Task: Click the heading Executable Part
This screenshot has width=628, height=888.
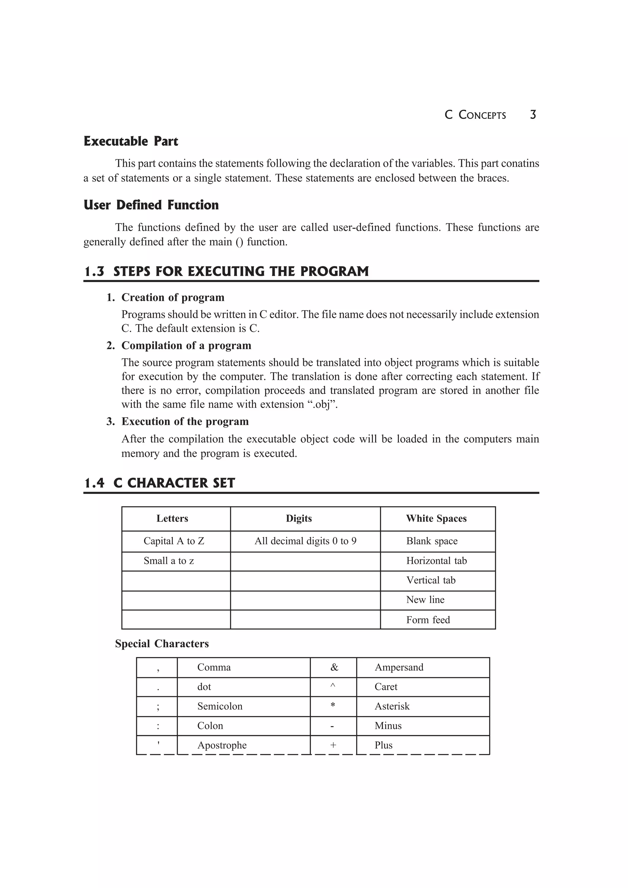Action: click(131, 142)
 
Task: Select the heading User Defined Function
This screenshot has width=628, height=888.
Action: click(151, 205)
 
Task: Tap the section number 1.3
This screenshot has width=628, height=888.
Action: click(94, 271)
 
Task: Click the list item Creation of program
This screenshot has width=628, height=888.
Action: click(173, 298)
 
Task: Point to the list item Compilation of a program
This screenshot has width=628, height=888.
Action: click(186, 345)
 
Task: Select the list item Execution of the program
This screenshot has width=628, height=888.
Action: click(185, 421)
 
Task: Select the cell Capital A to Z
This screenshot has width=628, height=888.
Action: click(174, 541)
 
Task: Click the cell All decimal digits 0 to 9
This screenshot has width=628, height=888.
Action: click(305, 541)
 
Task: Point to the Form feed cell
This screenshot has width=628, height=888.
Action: click(428, 620)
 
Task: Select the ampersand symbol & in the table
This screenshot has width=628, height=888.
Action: click(334, 667)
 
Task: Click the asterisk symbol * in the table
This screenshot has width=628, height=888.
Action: click(333, 706)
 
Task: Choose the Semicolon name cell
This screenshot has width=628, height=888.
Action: click(220, 706)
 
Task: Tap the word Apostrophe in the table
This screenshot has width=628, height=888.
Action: click(222, 745)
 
